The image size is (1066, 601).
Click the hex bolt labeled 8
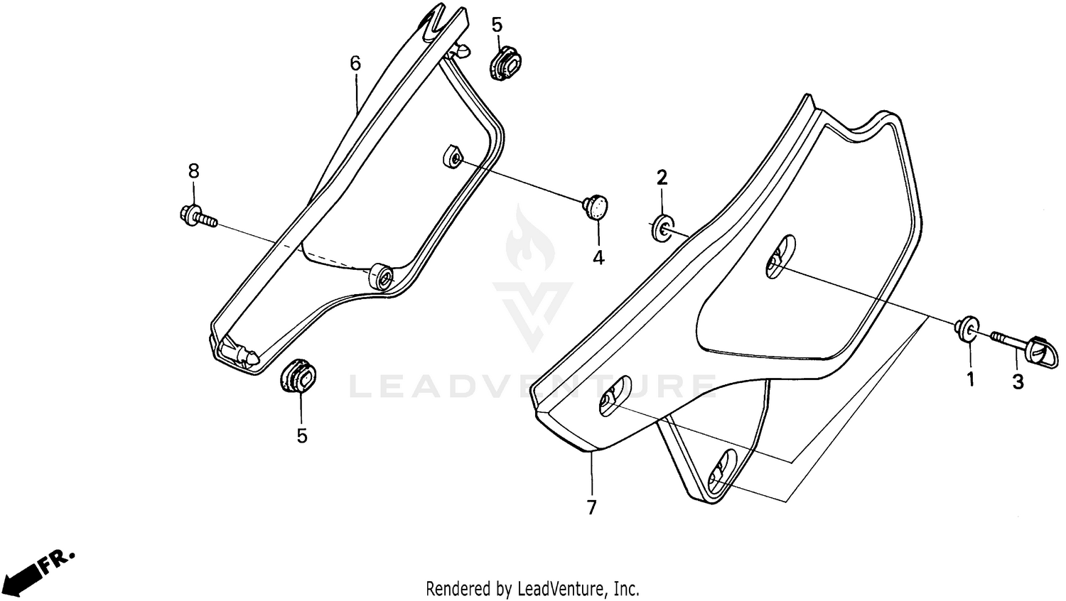point(198,216)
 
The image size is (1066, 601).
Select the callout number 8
point(194,170)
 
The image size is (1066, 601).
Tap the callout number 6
point(355,63)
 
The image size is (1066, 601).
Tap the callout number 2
point(662,178)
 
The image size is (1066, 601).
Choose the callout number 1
point(970,379)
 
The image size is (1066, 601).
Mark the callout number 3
point(1018,381)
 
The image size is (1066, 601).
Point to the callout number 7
point(591,508)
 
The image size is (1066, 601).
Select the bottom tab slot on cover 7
point(722,471)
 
